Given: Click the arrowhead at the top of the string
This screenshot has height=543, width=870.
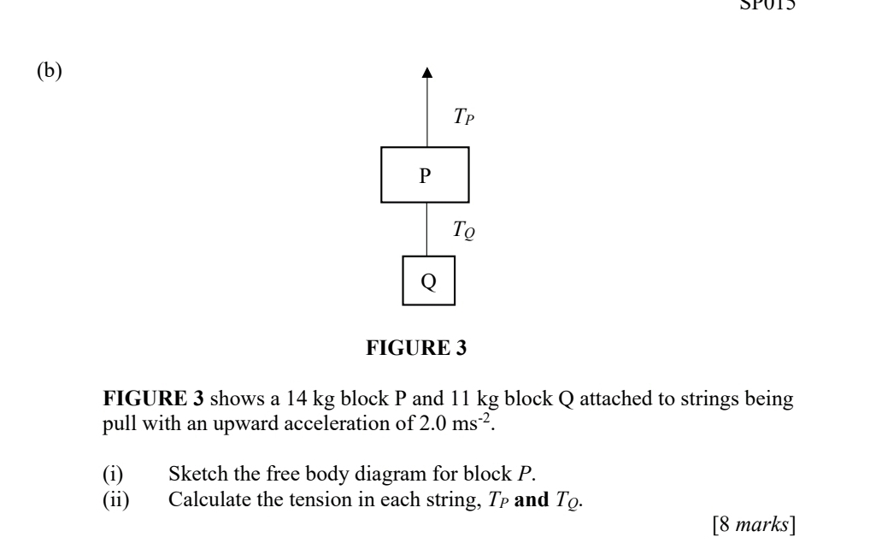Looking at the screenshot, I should click(x=427, y=75).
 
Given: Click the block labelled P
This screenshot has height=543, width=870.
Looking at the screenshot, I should click(x=426, y=175).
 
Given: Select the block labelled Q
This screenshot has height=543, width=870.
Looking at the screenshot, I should click(x=428, y=280).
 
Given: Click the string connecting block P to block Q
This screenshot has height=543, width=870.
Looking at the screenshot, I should click(x=426, y=228).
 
